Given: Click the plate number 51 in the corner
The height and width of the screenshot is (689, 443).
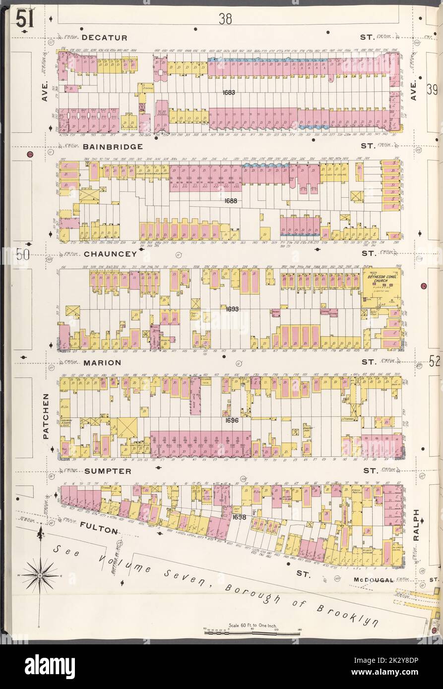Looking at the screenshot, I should (21, 20).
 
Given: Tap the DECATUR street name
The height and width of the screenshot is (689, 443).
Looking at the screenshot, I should (104, 38).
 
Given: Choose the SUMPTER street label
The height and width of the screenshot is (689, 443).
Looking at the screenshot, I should (108, 470).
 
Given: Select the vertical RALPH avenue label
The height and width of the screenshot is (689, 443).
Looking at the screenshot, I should (416, 525).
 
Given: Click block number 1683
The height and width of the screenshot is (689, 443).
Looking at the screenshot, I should (229, 93).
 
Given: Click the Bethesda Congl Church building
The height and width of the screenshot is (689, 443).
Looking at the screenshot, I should (381, 282).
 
